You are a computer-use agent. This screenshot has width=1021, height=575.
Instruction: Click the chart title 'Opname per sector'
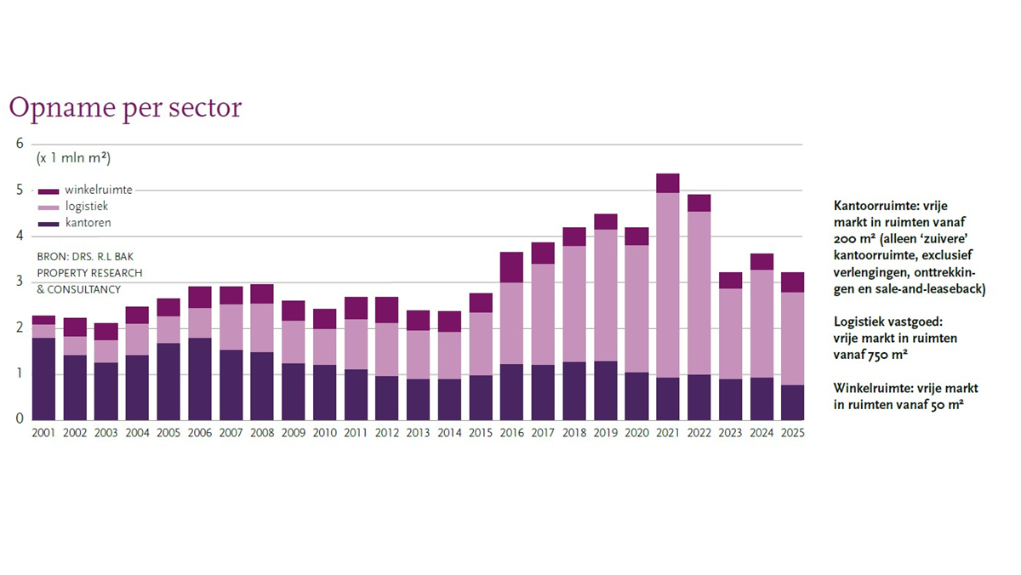click(x=125, y=108)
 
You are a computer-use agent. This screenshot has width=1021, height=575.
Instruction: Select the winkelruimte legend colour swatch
click(x=48, y=191)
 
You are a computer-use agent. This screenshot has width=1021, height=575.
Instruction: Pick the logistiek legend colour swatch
click(x=48, y=207)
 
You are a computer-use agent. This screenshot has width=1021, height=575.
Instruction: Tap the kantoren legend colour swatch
click(x=48, y=224)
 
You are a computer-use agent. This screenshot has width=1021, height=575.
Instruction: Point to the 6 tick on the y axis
click(x=20, y=144)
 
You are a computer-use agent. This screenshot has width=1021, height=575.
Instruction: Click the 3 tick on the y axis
click(x=20, y=282)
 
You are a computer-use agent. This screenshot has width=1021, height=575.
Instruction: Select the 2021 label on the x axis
click(x=668, y=432)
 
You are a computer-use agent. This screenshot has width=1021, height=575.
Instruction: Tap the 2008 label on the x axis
click(x=261, y=432)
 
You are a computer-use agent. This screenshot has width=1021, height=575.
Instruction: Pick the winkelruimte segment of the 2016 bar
click(x=511, y=267)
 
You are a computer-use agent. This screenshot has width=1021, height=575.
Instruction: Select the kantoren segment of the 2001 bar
click(x=43, y=379)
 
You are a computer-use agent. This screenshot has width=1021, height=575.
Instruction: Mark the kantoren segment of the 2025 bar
click(x=793, y=402)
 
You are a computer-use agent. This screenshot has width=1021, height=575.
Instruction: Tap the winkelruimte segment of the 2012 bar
click(x=386, y=310)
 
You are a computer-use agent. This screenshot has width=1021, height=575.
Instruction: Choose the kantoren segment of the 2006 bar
click(x=199, y=379)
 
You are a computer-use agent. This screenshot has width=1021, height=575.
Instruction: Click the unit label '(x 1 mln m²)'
click(x=73, y=159)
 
